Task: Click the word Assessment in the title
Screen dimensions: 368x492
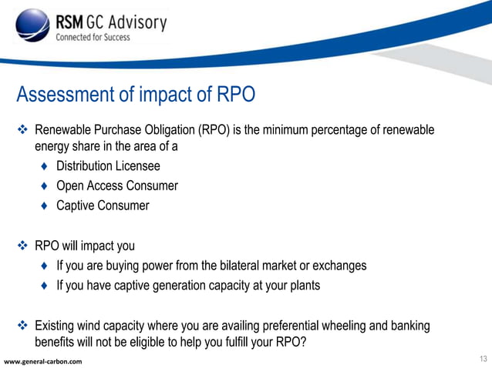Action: point(67,95)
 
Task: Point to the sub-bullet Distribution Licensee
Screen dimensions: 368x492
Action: point(108,166)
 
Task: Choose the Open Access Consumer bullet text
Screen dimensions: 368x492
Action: point(117,186)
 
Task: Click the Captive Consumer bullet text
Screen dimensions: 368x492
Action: point(103,206)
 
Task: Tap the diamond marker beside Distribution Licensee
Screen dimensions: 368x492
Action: point(45,166)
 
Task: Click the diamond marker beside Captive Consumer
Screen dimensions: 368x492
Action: point(45,206)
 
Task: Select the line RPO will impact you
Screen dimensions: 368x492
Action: point(85,246)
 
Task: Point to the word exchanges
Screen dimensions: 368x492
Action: point(338,266)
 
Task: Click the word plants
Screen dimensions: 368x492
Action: point(302,286)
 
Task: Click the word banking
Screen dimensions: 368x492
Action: point(409,326)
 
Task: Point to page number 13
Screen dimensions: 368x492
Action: point(483,360)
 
